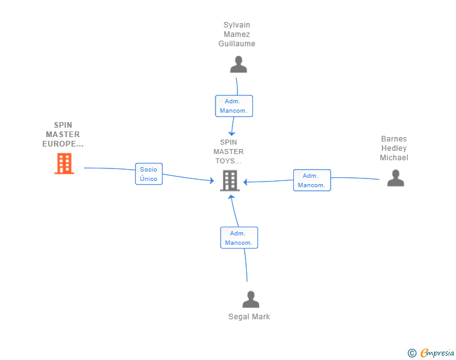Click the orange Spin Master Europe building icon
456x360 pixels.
pyautogui.click(x=64, y=163)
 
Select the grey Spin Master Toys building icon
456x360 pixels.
pyautogui.click(x=230, y=181)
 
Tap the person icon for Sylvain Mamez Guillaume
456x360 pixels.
pyautogui.click(x=238, y=65)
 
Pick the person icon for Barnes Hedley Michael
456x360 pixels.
pyautogui.click(x=395, y=178)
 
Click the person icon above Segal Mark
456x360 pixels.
pyautogui.click(x=251, y=300)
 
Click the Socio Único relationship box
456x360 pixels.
pyautogui.click(x=148, y=174)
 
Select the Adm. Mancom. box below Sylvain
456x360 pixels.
pyautogui.click(x=234, y=106)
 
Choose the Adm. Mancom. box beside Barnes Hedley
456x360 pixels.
pyautogui.click(x=311, y=180)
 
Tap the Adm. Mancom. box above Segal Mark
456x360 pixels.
pyautogui.click(x=239, y=238)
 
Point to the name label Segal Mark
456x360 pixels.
pyautogui.click(x=249, y=317)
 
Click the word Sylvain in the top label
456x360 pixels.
pyautogui.click(x=237, y=25)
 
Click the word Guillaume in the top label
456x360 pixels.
pyautogui.click(x=237, y=44)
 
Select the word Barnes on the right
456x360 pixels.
pyautogui.click(x=394, y=139)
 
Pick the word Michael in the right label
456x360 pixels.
pyautogui.click(x=394, y=158)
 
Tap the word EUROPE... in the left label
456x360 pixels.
pyautogui.click(x=63, y=144)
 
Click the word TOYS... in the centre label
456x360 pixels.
pyautogui.click(x=229, y=161)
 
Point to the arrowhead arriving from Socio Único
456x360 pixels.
pyautogui.click(x=212, y=181)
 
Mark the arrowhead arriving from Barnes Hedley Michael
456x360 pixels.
pyautogui.click(x=246, y=182)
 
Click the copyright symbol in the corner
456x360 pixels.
pyautogui.click(x=412, y=353)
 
